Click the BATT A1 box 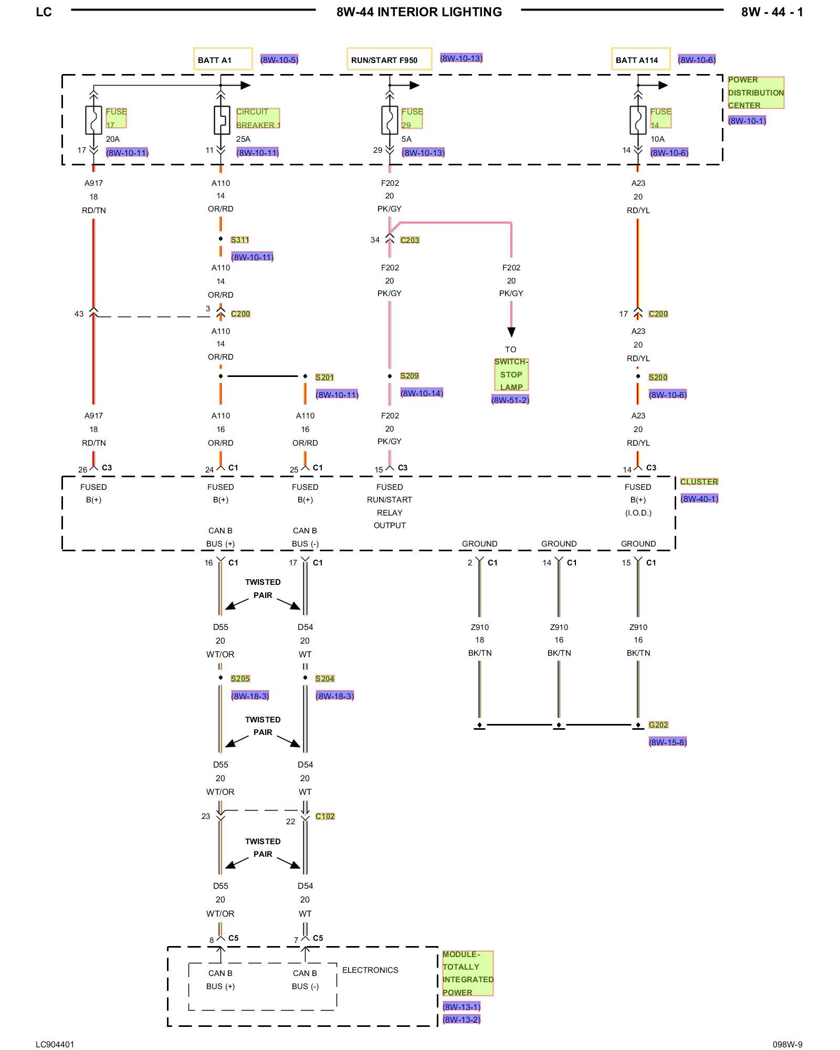[x=223, y=59]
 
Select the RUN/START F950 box [x=389, y=59]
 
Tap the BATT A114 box [x=640, y=59]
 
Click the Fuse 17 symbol [x=93, y=120]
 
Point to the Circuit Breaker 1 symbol [x=221, y=120]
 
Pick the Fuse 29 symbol [x=390, y=120]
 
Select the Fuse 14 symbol [x=638, y=120]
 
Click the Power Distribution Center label [x=755, y=92]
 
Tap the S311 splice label [x=240, y=240]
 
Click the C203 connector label [x=409, y=240]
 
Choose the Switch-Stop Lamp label [x=511, y=374]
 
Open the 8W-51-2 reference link [x=510, y=400]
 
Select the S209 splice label [x=409, y=376]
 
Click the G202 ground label [x=658, y=725]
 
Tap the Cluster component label [x=699, y=481]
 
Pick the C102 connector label [x=325, y=816]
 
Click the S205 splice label [x=240, y=679]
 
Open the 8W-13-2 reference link [x=461, y=1020]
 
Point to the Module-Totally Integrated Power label [x=467, y=973]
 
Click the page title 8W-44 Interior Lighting [x=419, y=12]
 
